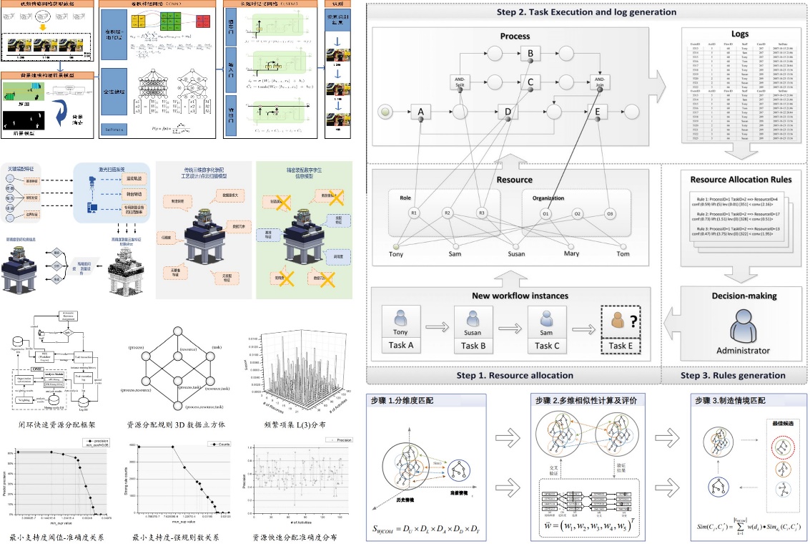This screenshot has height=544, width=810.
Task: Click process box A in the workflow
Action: [421, 112]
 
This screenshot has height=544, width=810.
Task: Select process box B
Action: [530, 52]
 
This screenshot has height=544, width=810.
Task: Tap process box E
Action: [596, 112]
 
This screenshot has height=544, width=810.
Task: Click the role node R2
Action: [448, 213]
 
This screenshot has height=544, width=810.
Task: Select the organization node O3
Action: [610, 213]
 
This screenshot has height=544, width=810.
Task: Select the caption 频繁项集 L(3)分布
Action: [292, 423]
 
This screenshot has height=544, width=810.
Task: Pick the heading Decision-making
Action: [744, 296]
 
